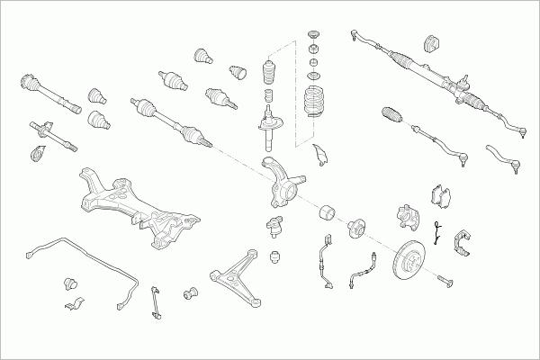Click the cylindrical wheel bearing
click(x=328, y=213)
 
